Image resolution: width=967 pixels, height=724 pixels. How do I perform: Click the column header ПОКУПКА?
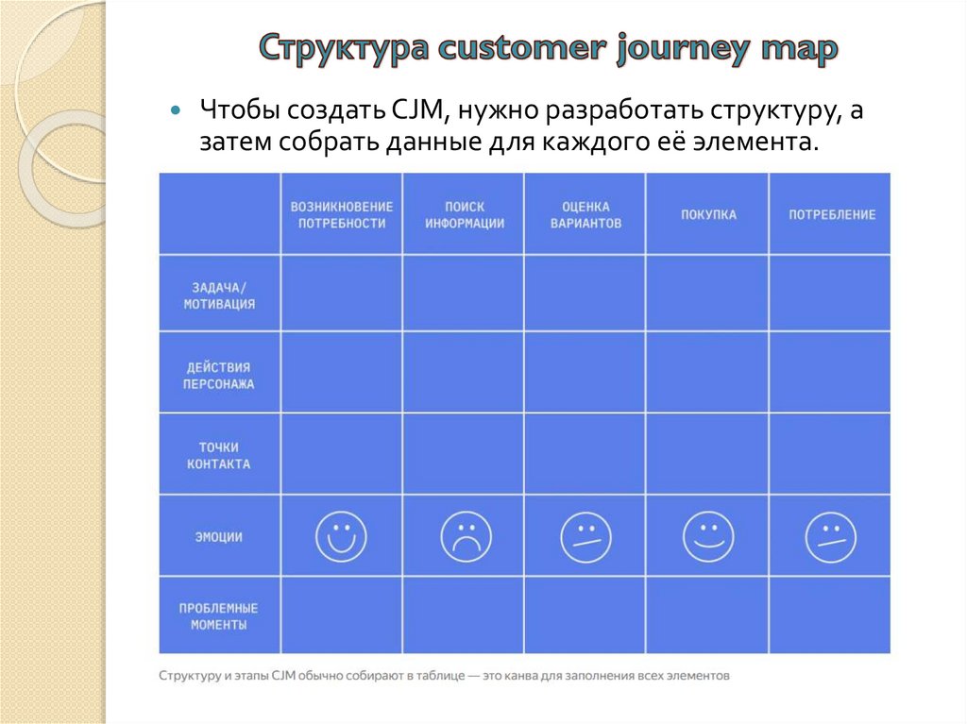[x=708, y=215]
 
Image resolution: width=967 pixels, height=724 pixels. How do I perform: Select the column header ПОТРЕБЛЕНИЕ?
[x=831, y=215]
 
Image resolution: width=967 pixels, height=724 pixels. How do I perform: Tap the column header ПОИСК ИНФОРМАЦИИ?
[x=464, y=215]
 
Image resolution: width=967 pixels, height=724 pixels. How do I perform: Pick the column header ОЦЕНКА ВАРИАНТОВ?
[x=585, y=215]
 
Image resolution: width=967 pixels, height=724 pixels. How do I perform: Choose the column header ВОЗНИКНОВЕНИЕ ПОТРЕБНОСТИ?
[x=342, y=215]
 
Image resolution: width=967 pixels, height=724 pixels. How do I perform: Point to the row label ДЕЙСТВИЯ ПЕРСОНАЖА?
[x=219, y=376]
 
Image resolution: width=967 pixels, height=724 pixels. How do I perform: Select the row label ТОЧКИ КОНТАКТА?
[x=219, y=455]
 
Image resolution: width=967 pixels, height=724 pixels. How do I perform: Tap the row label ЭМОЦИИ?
[x=219, y=537]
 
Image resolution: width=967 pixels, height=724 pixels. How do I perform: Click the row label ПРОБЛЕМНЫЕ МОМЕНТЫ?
[x=219, y=616]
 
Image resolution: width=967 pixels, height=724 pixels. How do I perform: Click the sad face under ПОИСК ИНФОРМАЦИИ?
[x=466, y=537]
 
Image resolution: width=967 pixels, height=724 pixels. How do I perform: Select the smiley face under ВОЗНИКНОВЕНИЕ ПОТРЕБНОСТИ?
[x=341, y=537]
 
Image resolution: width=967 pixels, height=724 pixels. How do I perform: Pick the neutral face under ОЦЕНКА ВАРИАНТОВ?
[x=585, y=537]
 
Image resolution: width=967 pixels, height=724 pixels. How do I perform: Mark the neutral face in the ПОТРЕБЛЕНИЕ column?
[x=830, y=537]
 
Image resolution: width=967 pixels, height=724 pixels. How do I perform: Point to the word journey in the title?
[x=679, y=49]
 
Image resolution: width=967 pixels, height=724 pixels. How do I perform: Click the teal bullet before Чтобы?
[x=175, y=110]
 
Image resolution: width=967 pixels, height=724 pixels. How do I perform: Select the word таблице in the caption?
[x=431, y=676]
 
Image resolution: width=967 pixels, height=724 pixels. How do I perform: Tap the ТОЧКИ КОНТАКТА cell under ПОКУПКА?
[x=707, y=454]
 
